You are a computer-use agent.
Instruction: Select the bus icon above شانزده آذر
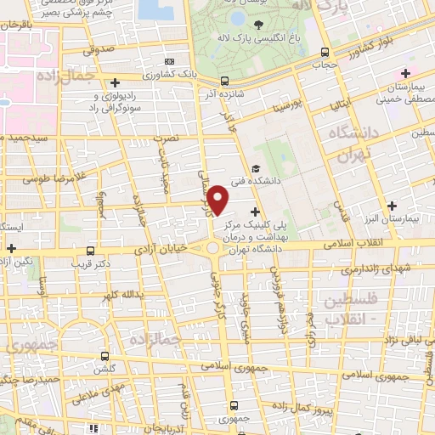pos(224,82)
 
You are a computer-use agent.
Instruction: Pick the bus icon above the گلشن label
pos(105,356)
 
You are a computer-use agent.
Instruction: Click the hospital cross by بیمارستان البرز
pos(392,206)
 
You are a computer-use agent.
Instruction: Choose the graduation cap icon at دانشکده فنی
pos(257,169)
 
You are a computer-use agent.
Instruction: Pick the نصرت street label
pos(166,137)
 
